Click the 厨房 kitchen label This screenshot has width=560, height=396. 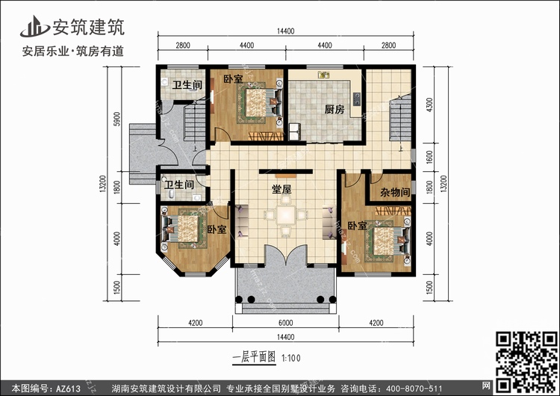tap(335, 109)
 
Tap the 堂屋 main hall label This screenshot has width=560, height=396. tap(281, 189)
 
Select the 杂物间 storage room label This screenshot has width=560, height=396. tap(395, 192)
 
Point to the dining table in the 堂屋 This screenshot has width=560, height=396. tap(286, 215)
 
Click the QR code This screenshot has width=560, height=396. tap(526, 361)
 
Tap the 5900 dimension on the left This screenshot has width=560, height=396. tap(116, 119)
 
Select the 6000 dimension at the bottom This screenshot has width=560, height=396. tap(285, 323)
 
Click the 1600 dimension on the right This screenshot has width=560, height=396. tap(429, 156)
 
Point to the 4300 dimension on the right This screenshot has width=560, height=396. tap(429, 105)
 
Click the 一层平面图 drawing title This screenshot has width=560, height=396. tap(254, 357)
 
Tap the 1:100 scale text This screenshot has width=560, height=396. tap(291, 358)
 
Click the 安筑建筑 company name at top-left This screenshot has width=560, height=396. tap(89, 27)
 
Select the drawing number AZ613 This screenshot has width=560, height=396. tap(68, 389)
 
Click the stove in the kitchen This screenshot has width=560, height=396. tap(356, 99)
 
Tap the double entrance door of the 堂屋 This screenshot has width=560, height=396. tap(286, 255)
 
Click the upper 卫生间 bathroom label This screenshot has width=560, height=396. tap(187, 84)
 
